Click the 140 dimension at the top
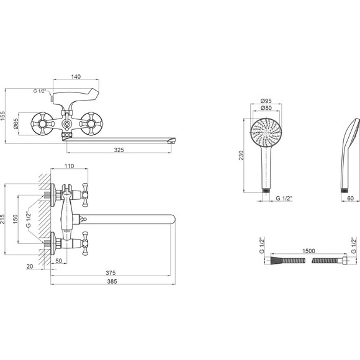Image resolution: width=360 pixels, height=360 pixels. [76, 77]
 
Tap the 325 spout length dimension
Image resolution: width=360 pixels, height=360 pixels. [119, 150]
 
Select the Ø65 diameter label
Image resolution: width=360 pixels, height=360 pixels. [16, 124]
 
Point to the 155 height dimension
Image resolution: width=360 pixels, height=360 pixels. [2, 116]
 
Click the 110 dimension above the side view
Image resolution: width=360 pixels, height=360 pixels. [69, 166]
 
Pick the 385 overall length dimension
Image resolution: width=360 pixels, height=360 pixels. [112, 281]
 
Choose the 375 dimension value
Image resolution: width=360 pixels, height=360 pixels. [110, 273]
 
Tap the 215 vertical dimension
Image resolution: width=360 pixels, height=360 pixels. [2, 219]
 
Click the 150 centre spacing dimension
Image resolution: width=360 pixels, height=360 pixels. [15, 219]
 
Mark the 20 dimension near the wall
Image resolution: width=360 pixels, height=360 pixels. [30, 266]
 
